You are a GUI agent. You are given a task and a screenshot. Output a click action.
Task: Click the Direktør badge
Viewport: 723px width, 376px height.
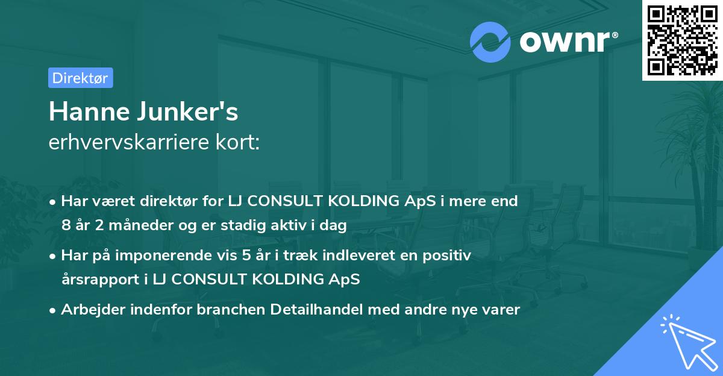tap(80, 78)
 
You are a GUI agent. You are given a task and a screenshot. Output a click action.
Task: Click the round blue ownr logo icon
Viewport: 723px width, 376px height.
tap(490, 42)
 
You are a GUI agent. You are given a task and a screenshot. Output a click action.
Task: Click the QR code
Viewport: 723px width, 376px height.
tap(681, 40)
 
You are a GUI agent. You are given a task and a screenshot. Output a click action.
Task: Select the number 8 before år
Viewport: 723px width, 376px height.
tap(65, 226)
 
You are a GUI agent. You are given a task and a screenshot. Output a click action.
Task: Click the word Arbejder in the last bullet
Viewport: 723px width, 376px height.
tap(89, 310)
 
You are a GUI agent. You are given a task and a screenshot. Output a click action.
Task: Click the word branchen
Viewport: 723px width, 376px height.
tap(234, 310)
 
